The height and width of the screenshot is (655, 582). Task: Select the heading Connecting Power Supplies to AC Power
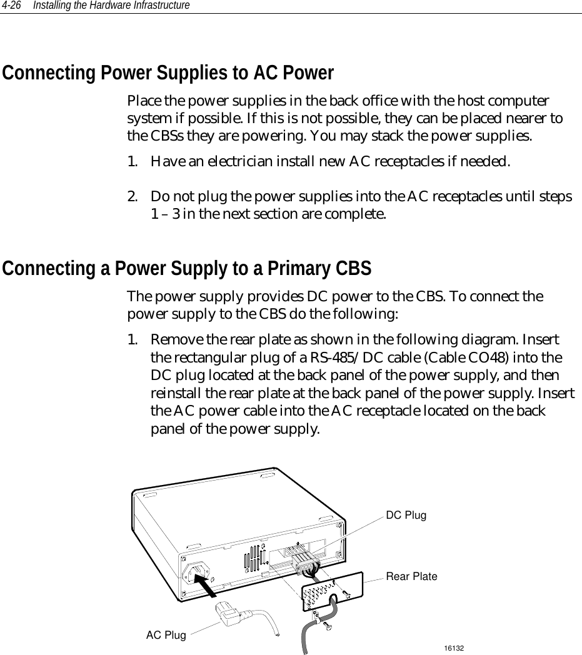point(168,74)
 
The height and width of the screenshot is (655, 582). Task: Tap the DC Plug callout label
point(406,516)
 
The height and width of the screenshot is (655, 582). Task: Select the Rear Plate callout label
point(411,576)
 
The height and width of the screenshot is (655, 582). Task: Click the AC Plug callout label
point(166,636)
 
